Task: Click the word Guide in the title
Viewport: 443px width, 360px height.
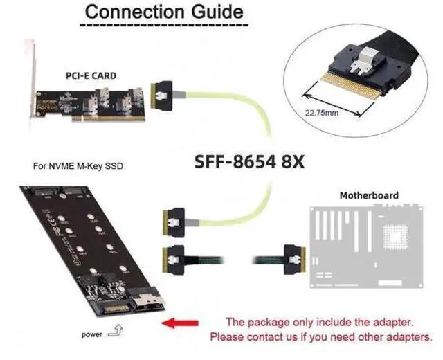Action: coord(217,12)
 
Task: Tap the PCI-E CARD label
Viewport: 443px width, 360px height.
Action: coord(91,75)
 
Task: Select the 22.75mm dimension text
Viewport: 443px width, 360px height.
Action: coord(322,113)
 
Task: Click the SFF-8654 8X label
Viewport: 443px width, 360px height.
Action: coord(249,162)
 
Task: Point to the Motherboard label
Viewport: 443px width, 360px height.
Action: coord(369,195)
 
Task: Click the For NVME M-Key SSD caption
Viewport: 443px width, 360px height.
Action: coord(78,166)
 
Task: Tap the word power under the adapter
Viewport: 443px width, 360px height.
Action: coord(92,334)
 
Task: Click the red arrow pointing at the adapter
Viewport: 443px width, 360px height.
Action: coord(180,323)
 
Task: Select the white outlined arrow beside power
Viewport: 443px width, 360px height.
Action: coord(116,331)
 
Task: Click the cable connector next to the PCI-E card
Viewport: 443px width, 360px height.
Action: coord(162,96)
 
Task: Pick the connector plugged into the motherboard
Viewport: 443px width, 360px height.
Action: coord(295,260)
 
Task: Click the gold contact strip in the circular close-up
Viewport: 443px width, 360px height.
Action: coord(351,84)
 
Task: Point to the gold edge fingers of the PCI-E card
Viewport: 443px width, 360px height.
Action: coord(109,118)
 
